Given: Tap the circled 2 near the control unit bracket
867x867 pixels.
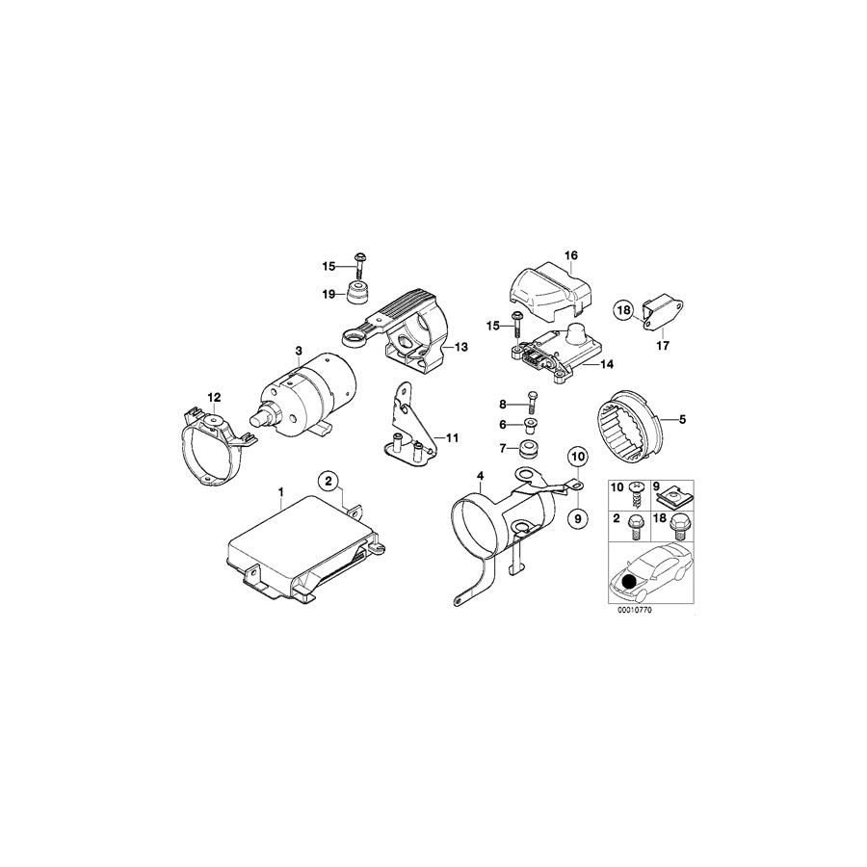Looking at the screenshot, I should click(x=328, y=481).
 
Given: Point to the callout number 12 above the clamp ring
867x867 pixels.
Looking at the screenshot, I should click(x=214, y=396).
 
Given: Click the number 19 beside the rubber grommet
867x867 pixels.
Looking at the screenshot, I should click(x=328, y=295).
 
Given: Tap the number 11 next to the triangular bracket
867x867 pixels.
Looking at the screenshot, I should click(x=451, y=437).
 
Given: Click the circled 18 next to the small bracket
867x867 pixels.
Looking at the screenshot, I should click(x=623, y=310).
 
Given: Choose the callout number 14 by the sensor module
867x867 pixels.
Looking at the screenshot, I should click(x=606, y=365).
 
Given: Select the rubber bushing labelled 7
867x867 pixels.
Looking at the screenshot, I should click(x=529, y=450).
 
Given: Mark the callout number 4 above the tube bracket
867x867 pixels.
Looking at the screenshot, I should click(x=479, y=475).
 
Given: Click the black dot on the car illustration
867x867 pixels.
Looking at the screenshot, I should click(x=631, y=581).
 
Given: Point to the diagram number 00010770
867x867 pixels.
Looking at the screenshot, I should click(x=636, y=609).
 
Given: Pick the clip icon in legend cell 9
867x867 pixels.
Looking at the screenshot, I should click(x=672, y=498).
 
